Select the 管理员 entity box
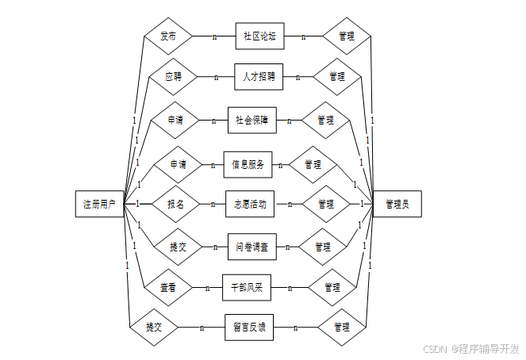[397, 204]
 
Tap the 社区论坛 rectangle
[259, 36]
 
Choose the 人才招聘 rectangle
[259, 77]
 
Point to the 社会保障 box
[251, 121]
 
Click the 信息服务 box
[248, 165]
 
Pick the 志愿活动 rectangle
[250, 204]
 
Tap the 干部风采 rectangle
[247, 287]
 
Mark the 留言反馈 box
[249, 327]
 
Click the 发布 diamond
[167, 36]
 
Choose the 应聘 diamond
[173, 77]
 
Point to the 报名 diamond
[175, 204]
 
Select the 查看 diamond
[167, 287]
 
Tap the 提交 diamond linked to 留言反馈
[154, 327]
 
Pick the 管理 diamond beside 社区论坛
[347, 36]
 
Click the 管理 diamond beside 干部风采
[332, 287]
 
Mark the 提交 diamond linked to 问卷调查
[178, 247]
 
